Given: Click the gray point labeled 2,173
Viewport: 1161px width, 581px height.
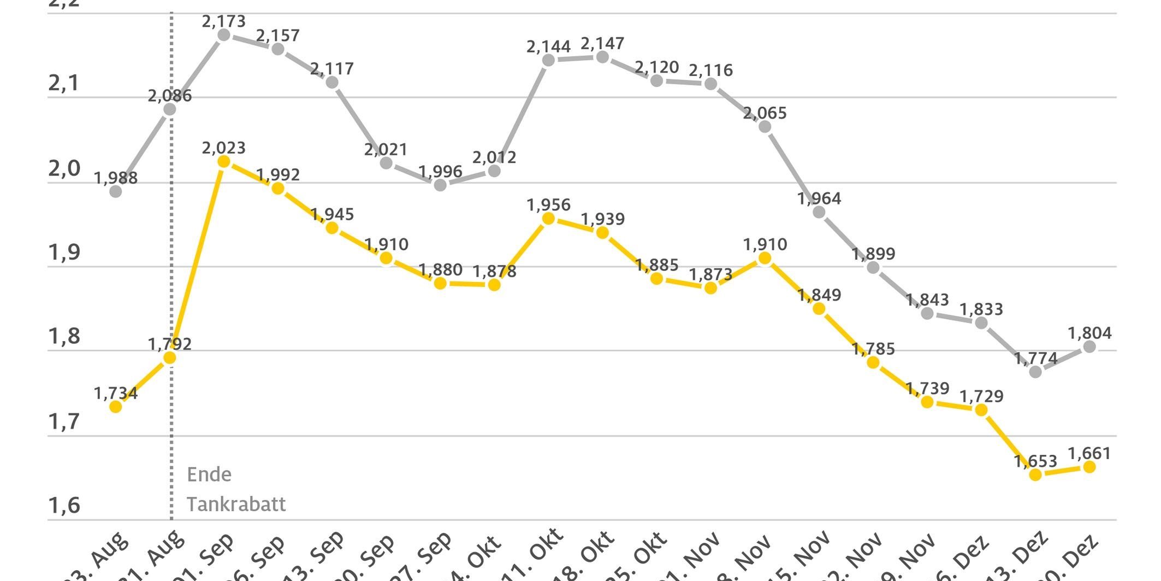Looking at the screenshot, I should coord(224,35).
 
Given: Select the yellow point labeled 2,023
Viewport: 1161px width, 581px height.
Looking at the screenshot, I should coord(224,162).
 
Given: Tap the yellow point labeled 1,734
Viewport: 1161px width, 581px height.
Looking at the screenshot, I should coord(116,407).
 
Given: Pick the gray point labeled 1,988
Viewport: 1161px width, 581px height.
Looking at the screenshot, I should coord(116,191).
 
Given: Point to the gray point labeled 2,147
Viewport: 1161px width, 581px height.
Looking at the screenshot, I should coord(602,57).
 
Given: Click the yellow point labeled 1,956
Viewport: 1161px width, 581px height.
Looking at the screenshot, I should coord(549,219).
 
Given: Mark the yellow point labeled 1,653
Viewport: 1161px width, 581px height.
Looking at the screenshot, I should coord(1035,474).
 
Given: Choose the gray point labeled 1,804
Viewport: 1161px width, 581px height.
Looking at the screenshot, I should coord(1089,347).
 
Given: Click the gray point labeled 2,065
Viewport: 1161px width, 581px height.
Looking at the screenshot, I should coord(765,127).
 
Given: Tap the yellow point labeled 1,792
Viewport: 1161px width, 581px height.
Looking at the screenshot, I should coord(170,358).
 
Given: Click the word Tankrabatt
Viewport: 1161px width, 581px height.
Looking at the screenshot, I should coord(236,504).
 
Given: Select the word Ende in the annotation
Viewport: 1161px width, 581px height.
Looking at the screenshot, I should coord(209,474).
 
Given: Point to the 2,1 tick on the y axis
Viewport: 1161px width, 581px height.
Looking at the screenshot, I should coord(64,84).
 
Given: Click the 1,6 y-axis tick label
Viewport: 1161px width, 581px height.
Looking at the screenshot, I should coord(64,506).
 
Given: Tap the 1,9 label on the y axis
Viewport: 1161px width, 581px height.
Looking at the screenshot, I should coord(64,253).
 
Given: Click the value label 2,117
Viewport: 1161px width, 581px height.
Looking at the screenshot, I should coord(332,69).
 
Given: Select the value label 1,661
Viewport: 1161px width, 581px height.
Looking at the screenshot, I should coord(1089,454).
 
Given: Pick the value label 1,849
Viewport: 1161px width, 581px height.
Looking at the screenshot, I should coord(819,295).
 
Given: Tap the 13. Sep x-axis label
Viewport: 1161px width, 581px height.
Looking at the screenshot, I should coord(322,555).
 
